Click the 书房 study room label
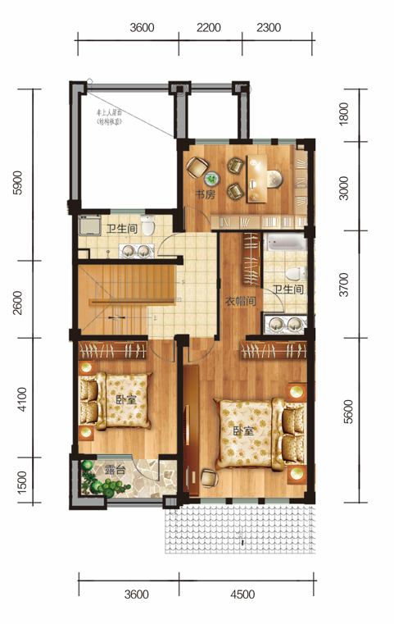pyautogui.click(x=204, y=195)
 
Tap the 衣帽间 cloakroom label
pyautogui.click(x=242, y=301)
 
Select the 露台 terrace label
pyautogui.click(x=114, y=471)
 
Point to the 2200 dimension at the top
pyautogui.click(x=209, y=27)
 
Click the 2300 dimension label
pyautogui.click(x=269, y=27)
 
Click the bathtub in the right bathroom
pyautogui.click(x=286, y=244)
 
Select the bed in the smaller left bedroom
pyautogui.click(x=118, y=401)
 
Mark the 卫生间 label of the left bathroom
pyautogui.click(x=120, y=230)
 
